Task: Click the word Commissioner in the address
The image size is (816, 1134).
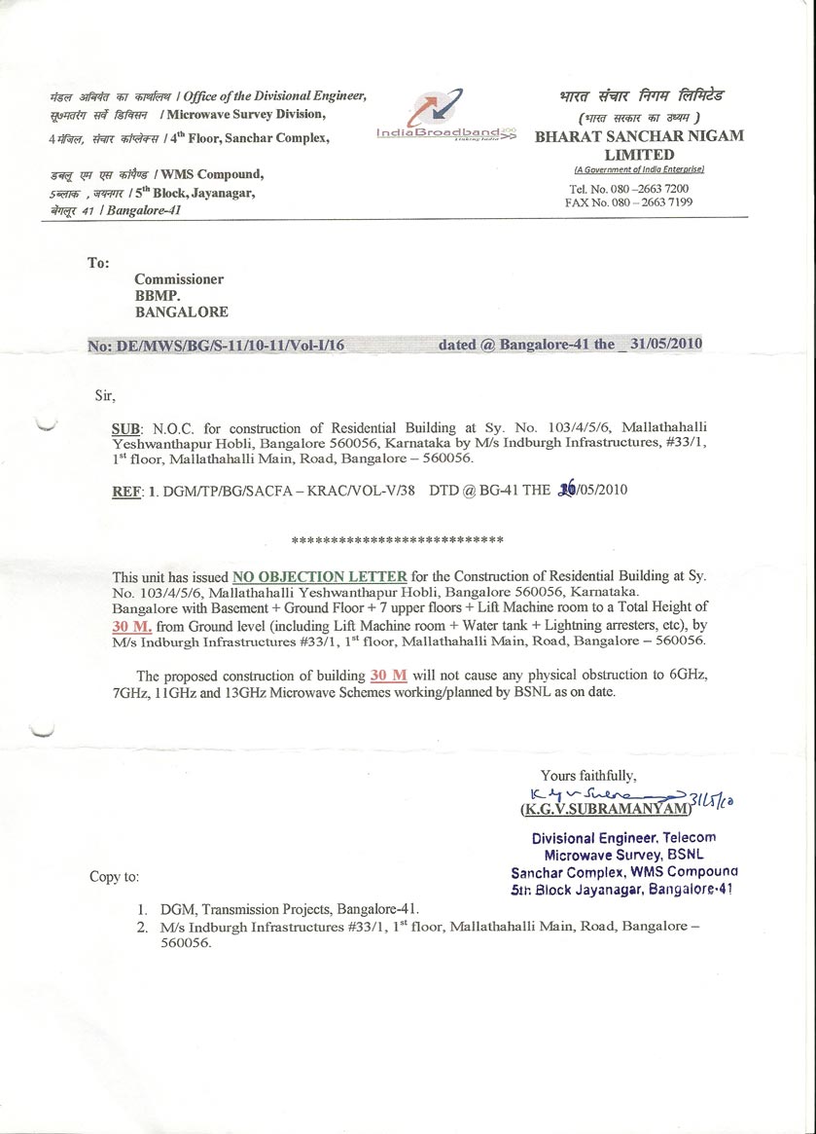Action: pos(179,279)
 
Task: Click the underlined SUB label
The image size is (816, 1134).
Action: pos(127,428)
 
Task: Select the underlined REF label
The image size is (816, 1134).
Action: pos(127,491)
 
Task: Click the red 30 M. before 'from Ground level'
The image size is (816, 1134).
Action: pos(132,627)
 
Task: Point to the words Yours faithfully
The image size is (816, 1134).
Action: pos(588,776)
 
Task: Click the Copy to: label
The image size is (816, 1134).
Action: pos(114,877)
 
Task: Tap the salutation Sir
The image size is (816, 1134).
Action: pos(104,395)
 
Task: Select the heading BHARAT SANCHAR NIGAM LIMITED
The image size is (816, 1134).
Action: pos(639,145)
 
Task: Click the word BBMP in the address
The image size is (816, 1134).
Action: pos(159,296)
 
